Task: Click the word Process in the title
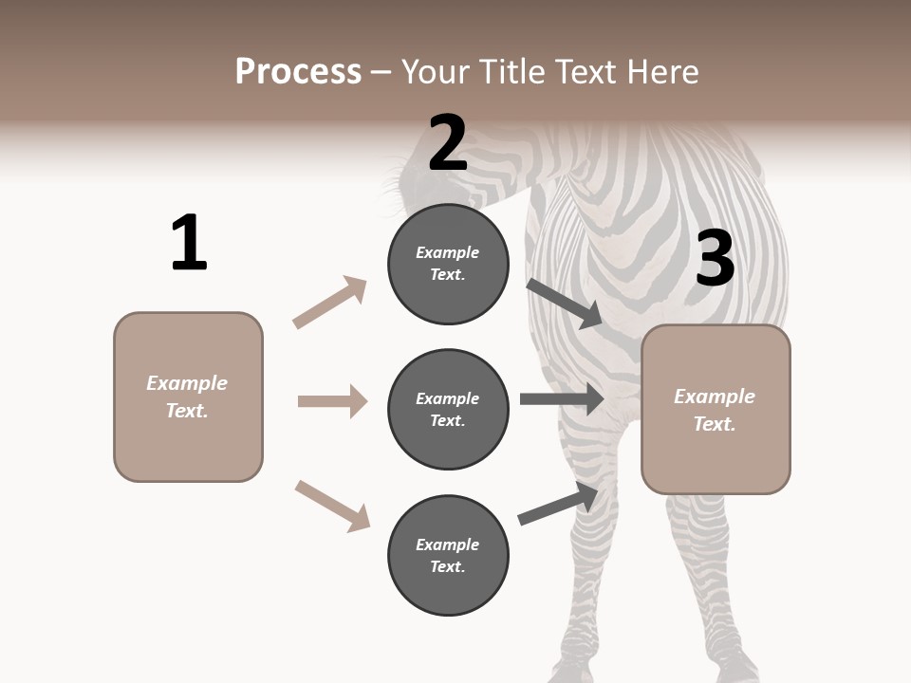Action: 298,72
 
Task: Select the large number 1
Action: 189,244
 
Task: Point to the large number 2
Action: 447,143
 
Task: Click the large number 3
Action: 716,260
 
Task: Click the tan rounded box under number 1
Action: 188,397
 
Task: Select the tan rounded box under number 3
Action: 716,410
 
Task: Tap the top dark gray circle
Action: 448,264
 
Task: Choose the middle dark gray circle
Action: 448,410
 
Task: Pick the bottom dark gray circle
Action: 448,556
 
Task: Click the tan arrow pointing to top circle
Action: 330,302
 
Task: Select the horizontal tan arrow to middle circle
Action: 332,401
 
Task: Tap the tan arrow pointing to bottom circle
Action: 332,506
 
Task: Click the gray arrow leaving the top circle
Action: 566,303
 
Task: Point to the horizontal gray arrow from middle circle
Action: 562,398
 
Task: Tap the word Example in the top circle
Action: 447,252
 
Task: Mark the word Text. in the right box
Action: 715,424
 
